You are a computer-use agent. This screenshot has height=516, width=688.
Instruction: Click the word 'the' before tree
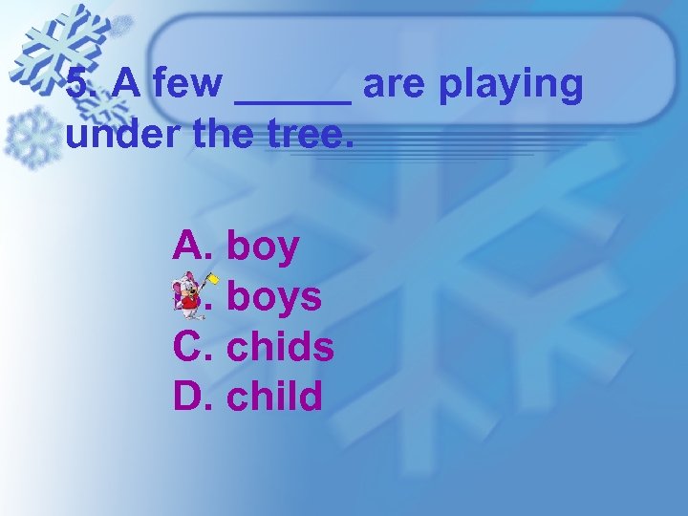pos(223,136)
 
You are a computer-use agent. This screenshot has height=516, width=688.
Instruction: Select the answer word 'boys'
pos(273,297)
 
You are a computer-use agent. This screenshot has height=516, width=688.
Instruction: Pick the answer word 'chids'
pos(280,347)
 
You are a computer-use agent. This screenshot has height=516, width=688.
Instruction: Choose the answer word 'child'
pos(274,396)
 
